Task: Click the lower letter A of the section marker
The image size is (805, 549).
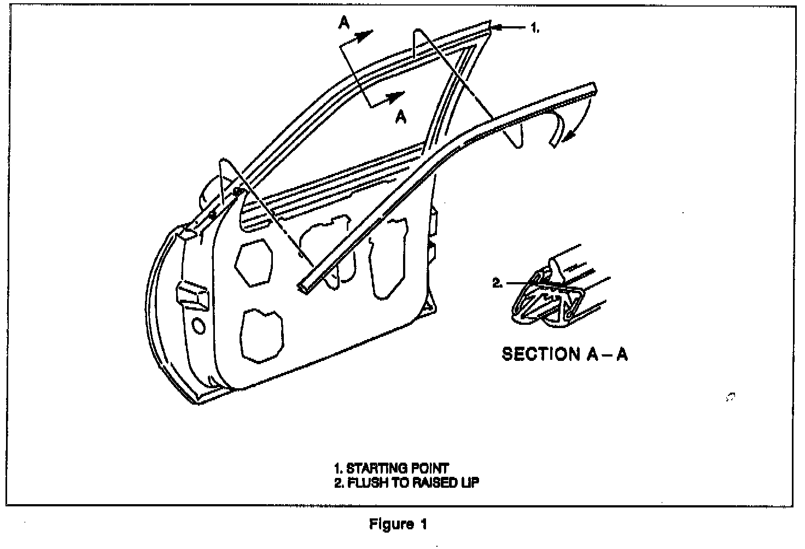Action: [401, 116]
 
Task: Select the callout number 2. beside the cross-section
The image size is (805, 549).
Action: [498, 283]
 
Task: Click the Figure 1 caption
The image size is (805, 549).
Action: [398, 524]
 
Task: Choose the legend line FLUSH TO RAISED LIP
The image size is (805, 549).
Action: [407, 483]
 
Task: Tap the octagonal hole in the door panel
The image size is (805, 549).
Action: [254, 262]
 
